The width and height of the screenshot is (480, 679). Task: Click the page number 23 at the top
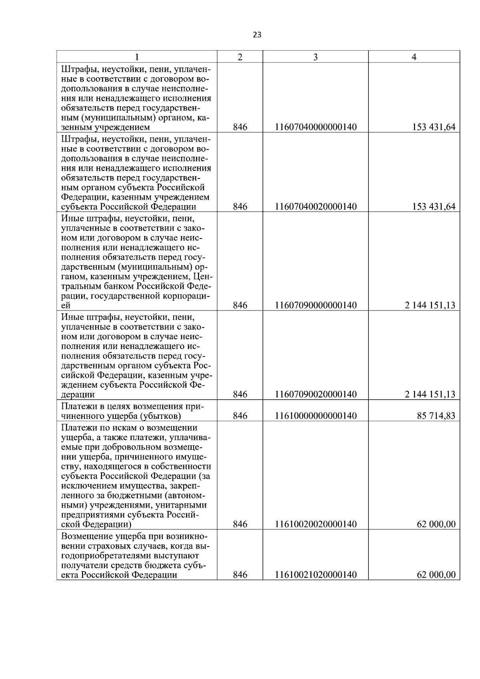click(257, 35)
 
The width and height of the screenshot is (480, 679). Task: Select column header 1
click(137, 57)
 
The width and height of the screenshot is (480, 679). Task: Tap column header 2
click(240, 57)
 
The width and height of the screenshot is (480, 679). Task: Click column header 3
click(315, 57)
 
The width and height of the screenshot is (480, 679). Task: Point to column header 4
click(414, 57)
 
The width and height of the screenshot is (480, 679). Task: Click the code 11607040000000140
click(316, 127)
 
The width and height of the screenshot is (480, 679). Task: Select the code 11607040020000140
click(316, 206)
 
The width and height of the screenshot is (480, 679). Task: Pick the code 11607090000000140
click(316, 305)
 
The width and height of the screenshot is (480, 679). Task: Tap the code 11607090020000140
click(316, 394)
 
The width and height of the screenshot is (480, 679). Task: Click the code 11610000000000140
click(316, 416)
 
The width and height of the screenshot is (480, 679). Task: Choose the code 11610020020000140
click(316, 524)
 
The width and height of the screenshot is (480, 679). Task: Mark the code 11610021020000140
click(316, 575)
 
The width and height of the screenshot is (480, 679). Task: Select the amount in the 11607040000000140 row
click(434, 127)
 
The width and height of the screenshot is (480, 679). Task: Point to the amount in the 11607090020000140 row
click(430, 394)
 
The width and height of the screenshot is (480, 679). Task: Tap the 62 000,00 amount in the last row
click(436, 575)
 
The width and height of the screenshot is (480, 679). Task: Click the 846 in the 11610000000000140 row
click(240, 416)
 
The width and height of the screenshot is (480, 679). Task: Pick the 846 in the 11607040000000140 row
click(240, 127)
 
